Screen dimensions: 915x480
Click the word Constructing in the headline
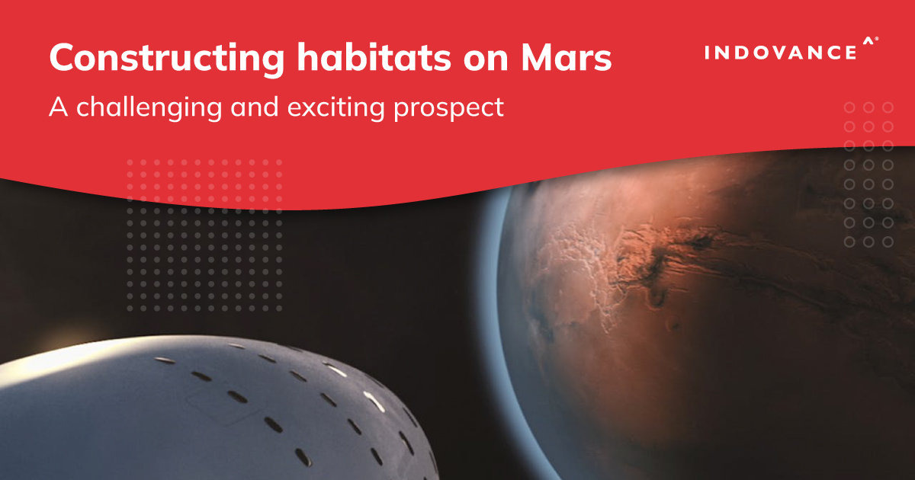167,59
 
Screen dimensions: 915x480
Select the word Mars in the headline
566,57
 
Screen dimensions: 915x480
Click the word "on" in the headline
486,60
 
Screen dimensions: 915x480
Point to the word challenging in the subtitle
149,108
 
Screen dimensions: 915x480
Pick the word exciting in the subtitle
335,108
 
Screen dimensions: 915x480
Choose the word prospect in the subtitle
448,109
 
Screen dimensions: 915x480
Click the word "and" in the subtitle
255,107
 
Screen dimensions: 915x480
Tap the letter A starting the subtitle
59,107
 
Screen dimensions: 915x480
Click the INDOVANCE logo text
781,53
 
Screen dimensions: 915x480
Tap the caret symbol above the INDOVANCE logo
868,41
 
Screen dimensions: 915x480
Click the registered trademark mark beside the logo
877,39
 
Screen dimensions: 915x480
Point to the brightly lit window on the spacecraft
374,402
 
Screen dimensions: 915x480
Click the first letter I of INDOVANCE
707,53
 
